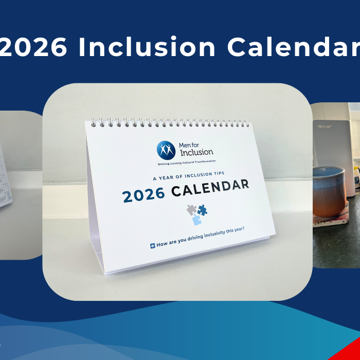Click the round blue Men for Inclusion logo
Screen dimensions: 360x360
pyautogui.click(x=166, y=150)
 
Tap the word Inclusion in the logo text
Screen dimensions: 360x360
pyautogui.click(x=196, y=152)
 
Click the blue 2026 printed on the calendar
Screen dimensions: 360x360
pyautogui.click(x=143, y=194)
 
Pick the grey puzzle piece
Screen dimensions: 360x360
pyautogui.click(x=191, y=209)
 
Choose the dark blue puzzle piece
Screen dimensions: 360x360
pyautogui.click(x=202, y=209)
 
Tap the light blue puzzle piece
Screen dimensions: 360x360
pyautogui.click(x=196, y=220)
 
